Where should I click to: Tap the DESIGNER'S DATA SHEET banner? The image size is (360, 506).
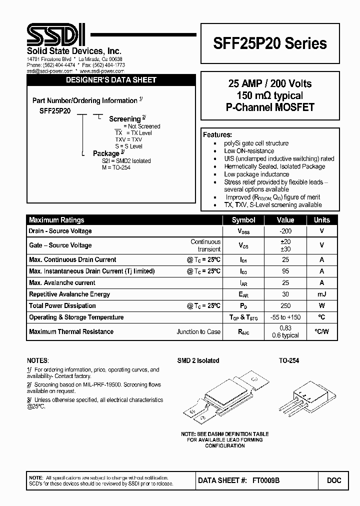click(x=111, y=80)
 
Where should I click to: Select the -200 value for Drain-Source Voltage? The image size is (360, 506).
click(x=285, y=231)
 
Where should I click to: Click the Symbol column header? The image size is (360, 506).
click(x=243, y=220)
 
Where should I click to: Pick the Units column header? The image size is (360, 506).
click(x=321, y=220)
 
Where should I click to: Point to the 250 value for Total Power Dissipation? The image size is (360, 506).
click(x=285, y=305)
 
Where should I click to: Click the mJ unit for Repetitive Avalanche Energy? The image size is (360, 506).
click(x=321, y=294)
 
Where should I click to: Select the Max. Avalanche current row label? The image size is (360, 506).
click(x=62, y=282)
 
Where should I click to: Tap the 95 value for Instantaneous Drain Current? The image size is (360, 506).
click(x=285, y=271)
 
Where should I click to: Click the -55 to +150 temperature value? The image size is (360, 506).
click(x=285, y=317)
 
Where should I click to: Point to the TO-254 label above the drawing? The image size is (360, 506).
click(x=288, y=360)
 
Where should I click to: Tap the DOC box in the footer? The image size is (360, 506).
click(x=334, y=480)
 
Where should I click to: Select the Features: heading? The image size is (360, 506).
click(x=217, y=135)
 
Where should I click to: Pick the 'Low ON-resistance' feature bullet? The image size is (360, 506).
click(x=249, y=151)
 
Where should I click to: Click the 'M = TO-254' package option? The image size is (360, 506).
click(x=116, y=167)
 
